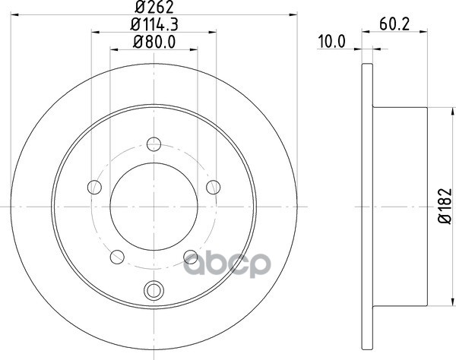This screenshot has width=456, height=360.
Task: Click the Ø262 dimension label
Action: pos(154,8)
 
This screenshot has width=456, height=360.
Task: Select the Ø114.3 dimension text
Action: pos(154,25)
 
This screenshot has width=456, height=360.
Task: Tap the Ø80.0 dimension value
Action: pos(154,42)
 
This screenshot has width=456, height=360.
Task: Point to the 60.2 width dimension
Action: pos(394,25)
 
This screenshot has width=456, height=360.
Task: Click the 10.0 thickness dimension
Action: pos(332,42)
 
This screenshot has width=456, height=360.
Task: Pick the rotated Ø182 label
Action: pos(445,207)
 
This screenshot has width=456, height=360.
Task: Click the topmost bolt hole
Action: pos(154,144)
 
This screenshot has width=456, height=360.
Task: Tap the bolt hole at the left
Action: pos(94,187)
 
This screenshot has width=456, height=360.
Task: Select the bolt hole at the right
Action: pos(213,187)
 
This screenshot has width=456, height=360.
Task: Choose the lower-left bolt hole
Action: pos(117,257)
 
